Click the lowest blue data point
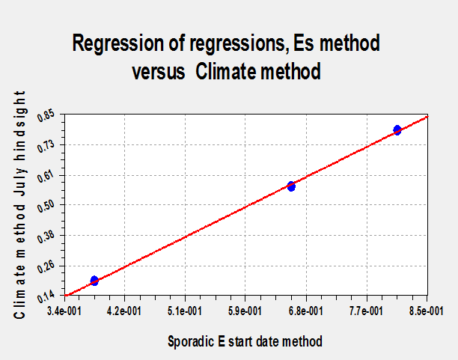point(94,281)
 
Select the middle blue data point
point(291,186)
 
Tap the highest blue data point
point(397,130)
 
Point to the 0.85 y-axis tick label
point(46,115)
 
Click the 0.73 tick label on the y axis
point(46,146)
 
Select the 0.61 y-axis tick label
point(46,177)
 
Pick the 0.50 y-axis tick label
point(46,206)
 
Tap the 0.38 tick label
point(46,237)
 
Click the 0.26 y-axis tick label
point(46,267)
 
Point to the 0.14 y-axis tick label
point(46,297)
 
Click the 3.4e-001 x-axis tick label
point(64,311)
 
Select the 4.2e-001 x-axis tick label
point(124,311)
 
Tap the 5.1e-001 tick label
point(185,311)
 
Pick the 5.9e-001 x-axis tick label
point(245,311)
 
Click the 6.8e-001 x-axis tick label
point(306,311)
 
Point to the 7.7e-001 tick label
point(366,311)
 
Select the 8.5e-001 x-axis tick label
point(427,311)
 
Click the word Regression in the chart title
point(118,43)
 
